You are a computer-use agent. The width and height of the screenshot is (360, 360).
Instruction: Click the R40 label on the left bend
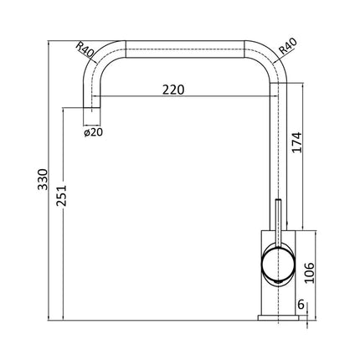(84, 49)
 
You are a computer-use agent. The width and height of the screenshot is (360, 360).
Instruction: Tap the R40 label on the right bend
(286, 48)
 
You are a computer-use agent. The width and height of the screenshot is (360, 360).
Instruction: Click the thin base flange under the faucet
(277, 316)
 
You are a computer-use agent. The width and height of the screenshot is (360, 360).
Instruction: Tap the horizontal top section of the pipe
(184, 47)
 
